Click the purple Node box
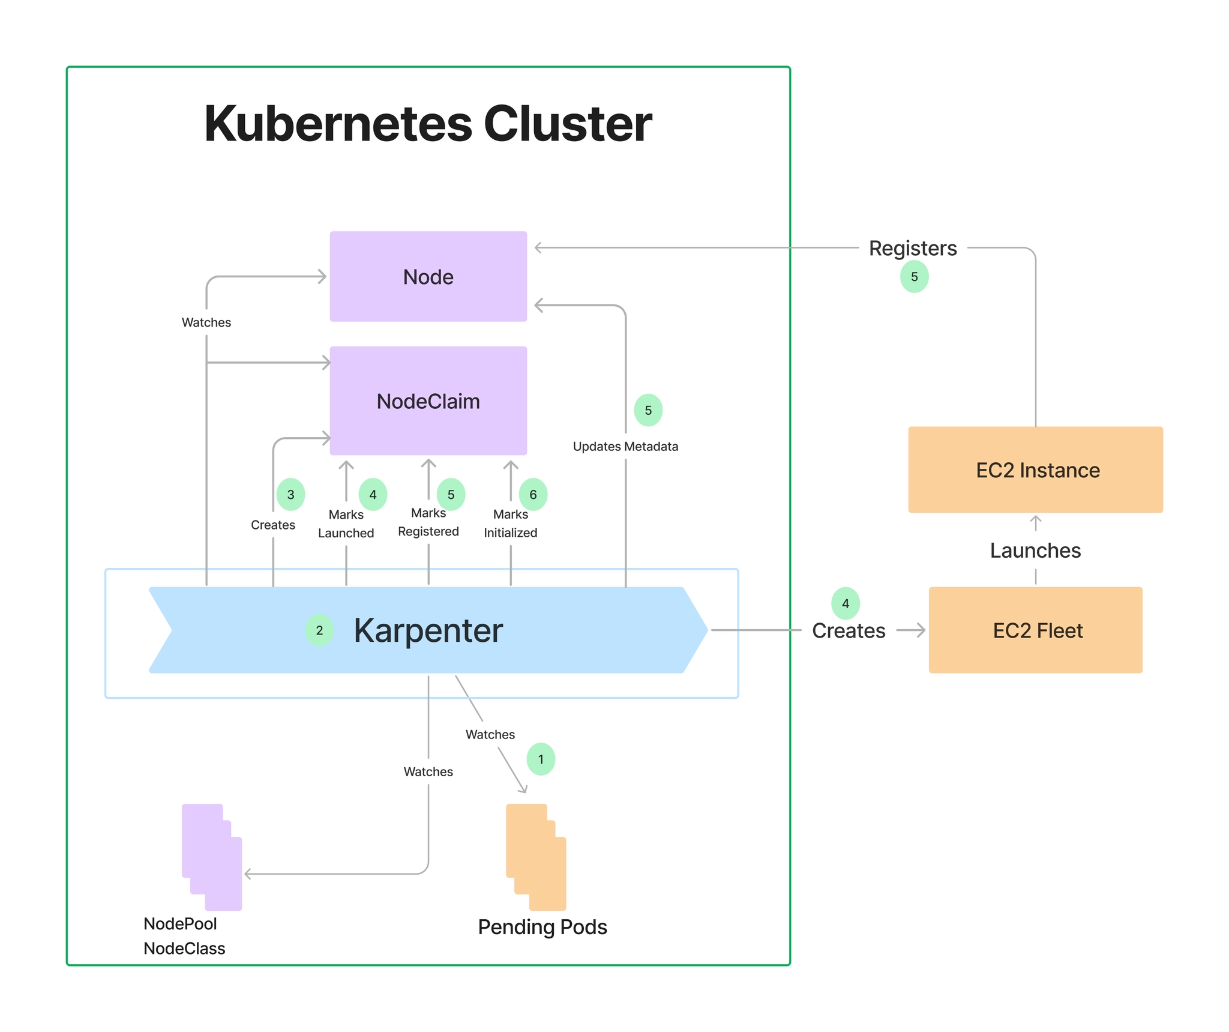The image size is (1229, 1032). [428, 276]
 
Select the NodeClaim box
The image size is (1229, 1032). [428, 400]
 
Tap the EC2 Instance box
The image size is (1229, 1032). [1035, 469]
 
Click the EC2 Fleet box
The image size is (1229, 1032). [1035, 630]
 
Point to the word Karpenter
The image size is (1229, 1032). [428, 630]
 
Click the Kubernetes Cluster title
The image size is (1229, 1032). [428, 124]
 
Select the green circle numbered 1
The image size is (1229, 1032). [541, 759]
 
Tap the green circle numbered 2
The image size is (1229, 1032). [319, 630]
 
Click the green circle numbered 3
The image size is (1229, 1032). [290, 494]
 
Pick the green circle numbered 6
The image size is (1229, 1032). [533, 494]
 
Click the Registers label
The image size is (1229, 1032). [912, 248]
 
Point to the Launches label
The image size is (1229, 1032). [1035, 550]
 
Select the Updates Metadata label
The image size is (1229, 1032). [625, 446]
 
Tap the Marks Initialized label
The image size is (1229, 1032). [511, 524]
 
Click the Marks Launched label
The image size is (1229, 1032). [346, 524]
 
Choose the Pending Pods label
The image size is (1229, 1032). [542, 926]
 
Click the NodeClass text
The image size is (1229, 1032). [184, 948]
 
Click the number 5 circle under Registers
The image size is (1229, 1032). [914, 277]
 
